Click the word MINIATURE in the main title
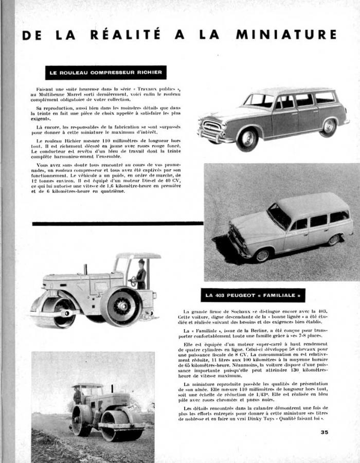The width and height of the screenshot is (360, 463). [x=286, y=35]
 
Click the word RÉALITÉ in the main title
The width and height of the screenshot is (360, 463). [x=125, y=35]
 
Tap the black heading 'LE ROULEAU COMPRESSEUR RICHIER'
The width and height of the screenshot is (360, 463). [x=105, y=73]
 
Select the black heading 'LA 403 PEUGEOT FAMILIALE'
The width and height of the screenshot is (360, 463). [x=253, y=295]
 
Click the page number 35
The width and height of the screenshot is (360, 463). [x=324, y=432]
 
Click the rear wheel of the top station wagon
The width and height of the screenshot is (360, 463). [x=328, y=127]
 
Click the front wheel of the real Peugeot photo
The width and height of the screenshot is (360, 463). [x=263, y=254]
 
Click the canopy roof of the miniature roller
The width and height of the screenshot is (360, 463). [x=138, y=256]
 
